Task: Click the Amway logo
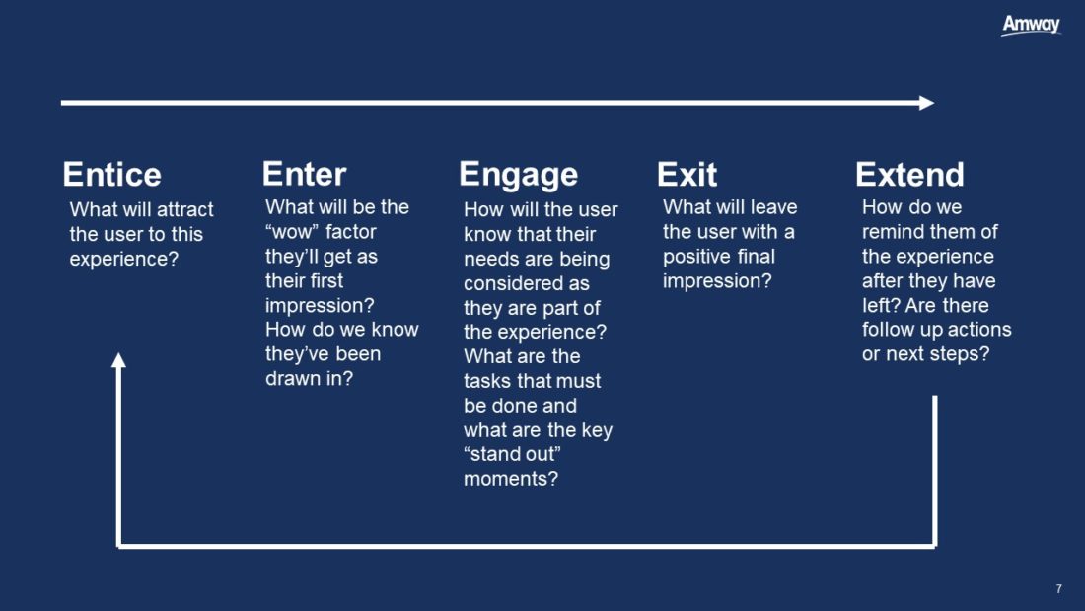[x=1031, y=25]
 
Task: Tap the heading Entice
[x=112, y=175]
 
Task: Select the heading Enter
[x=304, y=174]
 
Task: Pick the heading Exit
[x=687, y=175]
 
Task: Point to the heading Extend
[x=909, y=175]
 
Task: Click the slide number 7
[x=1058, y=589]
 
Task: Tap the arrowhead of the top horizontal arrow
[x=927, y=103]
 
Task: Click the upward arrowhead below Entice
[x=119, y=360]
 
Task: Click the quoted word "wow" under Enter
[x=292, y=231]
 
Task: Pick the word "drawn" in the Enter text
[x=292, y=378]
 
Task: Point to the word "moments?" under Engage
[x=511, y=479]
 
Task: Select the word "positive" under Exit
[x=696, y=257]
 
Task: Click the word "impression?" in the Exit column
[x=717, y=281]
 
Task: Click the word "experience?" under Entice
[x=124, y=259]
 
